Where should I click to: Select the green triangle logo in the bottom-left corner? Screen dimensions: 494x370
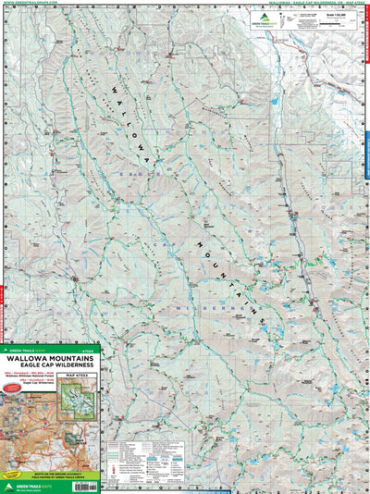click(x=8, y=485)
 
